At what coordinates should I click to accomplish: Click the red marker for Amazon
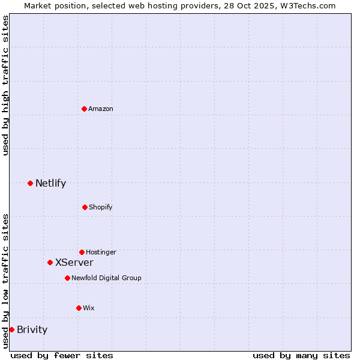pyautogui.click(x=84, y=109)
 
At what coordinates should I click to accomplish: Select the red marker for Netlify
pyautogui.click(x=30, y=183)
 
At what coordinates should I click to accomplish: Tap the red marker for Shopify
pyautogui.click(x=85, y=207)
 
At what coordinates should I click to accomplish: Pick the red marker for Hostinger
pyautogui.click(x=82, y=252)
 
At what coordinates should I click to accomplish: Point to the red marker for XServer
pyautogui.click(x=50, y=262)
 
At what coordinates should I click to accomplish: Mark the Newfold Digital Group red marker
pyautogui.click(x=67, y=278)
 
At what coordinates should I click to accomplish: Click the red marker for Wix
pyautogui.click(x=79, y=308)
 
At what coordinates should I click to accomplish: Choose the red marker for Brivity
pyautogui.click(x=11, y=329)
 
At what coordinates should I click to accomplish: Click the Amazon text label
pyautogui.click(x=101, y=109)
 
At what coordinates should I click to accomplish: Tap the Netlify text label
pyautogui.click(x=50, y=183)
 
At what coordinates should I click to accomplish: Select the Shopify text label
pyautogui.click(x=101, y=207)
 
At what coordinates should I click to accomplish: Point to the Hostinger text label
pyautogui.click(x=101, y=252)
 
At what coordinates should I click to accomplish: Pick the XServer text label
pyautogui.click(x=74, y=262)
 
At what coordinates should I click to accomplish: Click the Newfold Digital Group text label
pyautogui.click(x=106, y=278)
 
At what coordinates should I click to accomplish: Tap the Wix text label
pyautogui.click(x=89, y=308)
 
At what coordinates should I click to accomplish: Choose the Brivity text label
pyautogui.click(x=32, y=329)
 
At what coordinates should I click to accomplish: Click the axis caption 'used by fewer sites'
pyautogui.click(x=62, y=355)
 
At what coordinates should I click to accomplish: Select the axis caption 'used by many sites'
pyautogui.click(x=301, y=355)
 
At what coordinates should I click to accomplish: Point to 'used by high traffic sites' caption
pyautogui.click(x=5, y=85)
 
